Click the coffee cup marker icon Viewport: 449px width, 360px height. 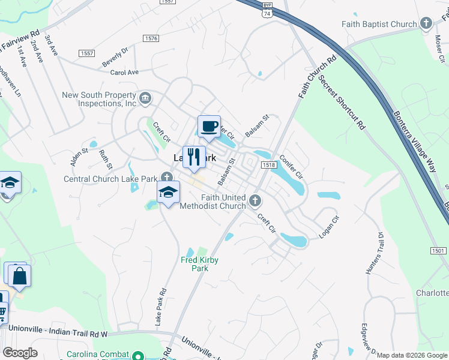209,127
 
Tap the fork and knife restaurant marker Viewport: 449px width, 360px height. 193,157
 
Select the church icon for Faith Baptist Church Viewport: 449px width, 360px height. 426,24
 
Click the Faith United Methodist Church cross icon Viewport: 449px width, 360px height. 255,200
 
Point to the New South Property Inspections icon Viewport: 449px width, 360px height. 145,98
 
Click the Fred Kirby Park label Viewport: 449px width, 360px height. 199,264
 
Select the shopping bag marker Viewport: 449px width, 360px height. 19,276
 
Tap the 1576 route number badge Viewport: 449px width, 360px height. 151,38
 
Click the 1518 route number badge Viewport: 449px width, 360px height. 268,165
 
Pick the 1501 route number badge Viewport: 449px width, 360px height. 438,250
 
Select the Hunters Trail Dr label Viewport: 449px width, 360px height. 373,253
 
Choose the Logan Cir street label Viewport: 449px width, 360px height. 330,227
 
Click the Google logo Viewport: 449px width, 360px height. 19,353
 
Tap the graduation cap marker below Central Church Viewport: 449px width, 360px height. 169,193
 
